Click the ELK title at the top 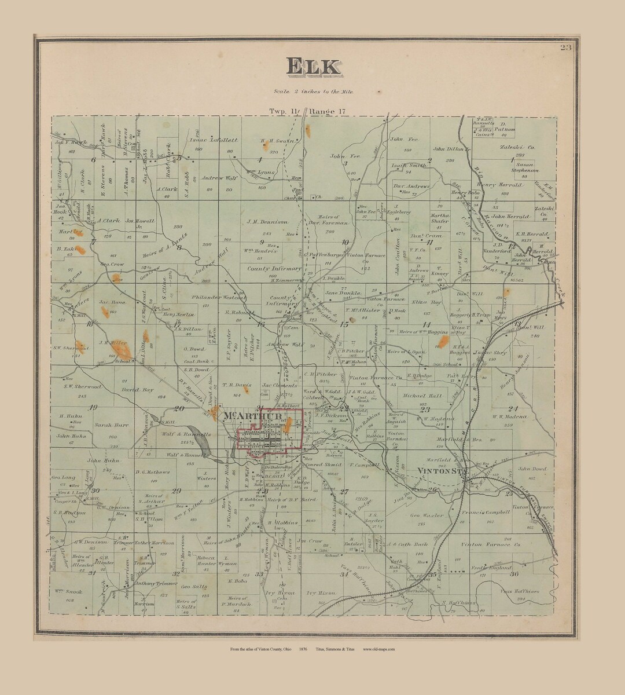312,67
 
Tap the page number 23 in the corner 565,47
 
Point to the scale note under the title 313,92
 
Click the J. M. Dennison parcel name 267,221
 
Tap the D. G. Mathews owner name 153,472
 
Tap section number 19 93,408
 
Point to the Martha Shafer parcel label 440,218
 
